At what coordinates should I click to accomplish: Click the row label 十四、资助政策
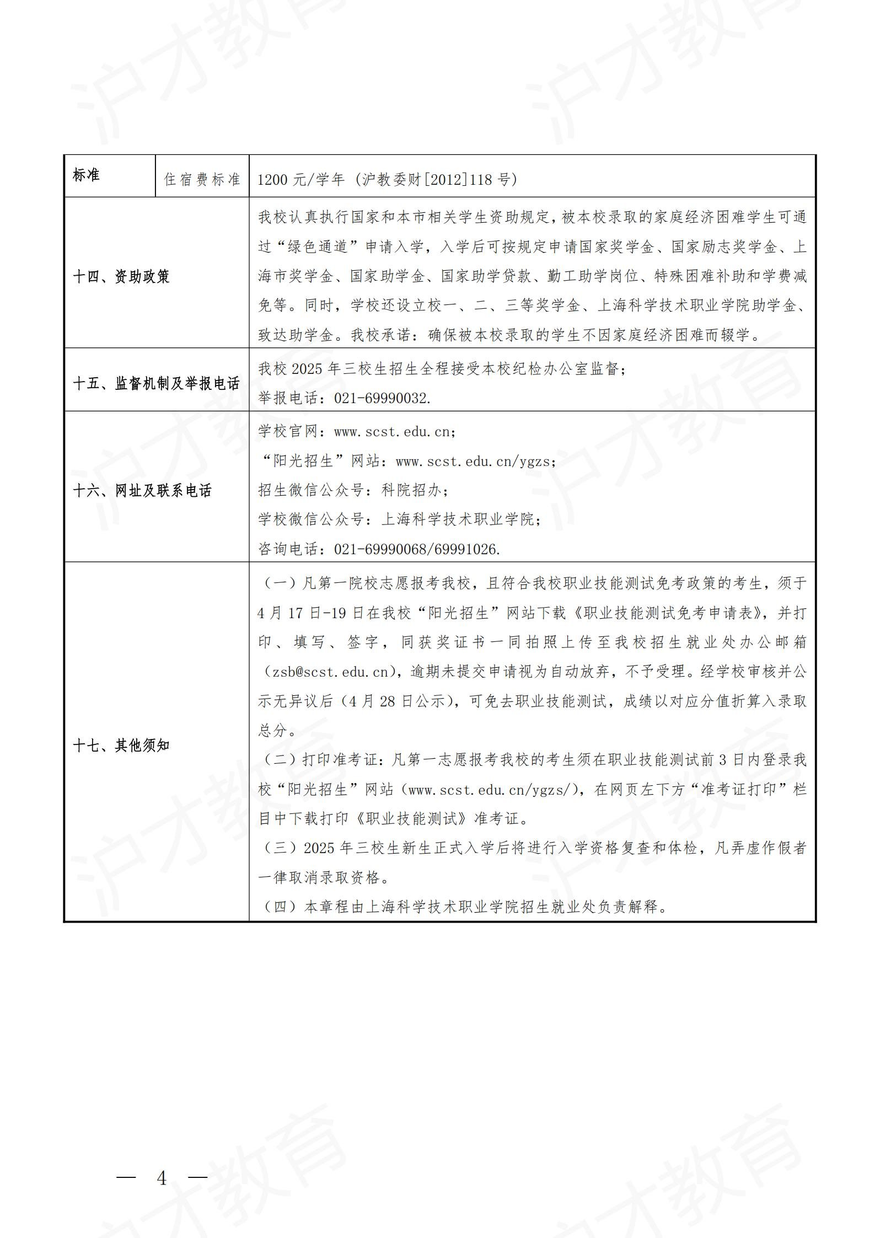(121, 276)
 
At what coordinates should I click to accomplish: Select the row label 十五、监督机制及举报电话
(156, 383)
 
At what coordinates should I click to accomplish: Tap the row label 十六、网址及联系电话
(142, 490)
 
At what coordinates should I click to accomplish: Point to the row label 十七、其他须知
(121, 746)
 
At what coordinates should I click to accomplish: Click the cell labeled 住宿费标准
(202, 180)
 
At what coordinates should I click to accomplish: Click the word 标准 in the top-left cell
(86, 175)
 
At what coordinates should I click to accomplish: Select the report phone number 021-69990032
(382, 398)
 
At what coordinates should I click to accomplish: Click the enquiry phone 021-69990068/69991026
(417, 549)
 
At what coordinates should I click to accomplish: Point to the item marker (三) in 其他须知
(280, 848)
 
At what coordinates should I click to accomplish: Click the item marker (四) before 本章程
(280, 907)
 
